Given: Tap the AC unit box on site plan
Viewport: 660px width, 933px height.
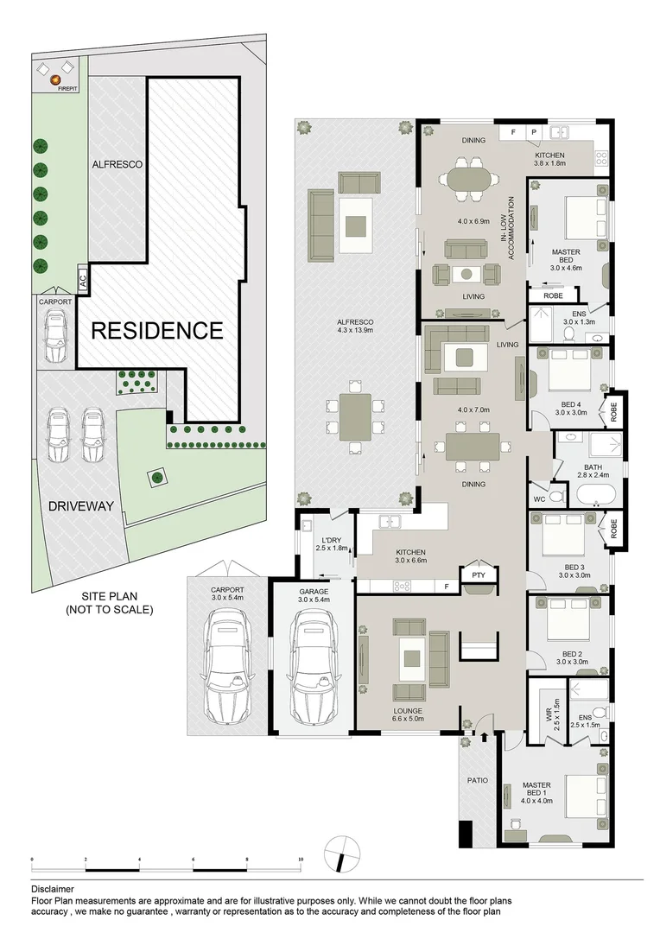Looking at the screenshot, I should [83, 279].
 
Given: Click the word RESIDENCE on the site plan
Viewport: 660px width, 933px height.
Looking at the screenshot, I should [157, 330].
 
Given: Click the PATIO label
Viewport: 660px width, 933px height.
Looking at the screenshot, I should [478, 780].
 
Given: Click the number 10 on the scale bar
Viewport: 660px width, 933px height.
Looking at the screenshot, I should [300, 860].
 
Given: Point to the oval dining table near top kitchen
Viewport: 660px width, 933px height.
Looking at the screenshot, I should [467, 179].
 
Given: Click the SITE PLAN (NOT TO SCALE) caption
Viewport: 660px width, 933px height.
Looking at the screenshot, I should [110, 603].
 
